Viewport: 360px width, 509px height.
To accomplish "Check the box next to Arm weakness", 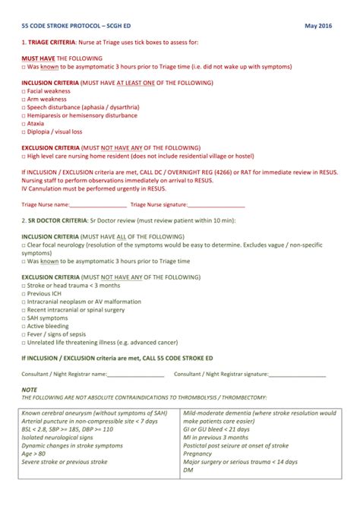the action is (24, 99).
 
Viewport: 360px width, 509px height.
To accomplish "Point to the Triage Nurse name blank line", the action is (98, 205).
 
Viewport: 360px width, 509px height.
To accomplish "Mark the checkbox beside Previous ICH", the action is (24, 293).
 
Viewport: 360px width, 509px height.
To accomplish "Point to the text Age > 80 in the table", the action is (35, 454).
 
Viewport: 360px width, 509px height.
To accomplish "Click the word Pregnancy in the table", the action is (201, 454).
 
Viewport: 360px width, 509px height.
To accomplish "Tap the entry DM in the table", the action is (188, 470).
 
